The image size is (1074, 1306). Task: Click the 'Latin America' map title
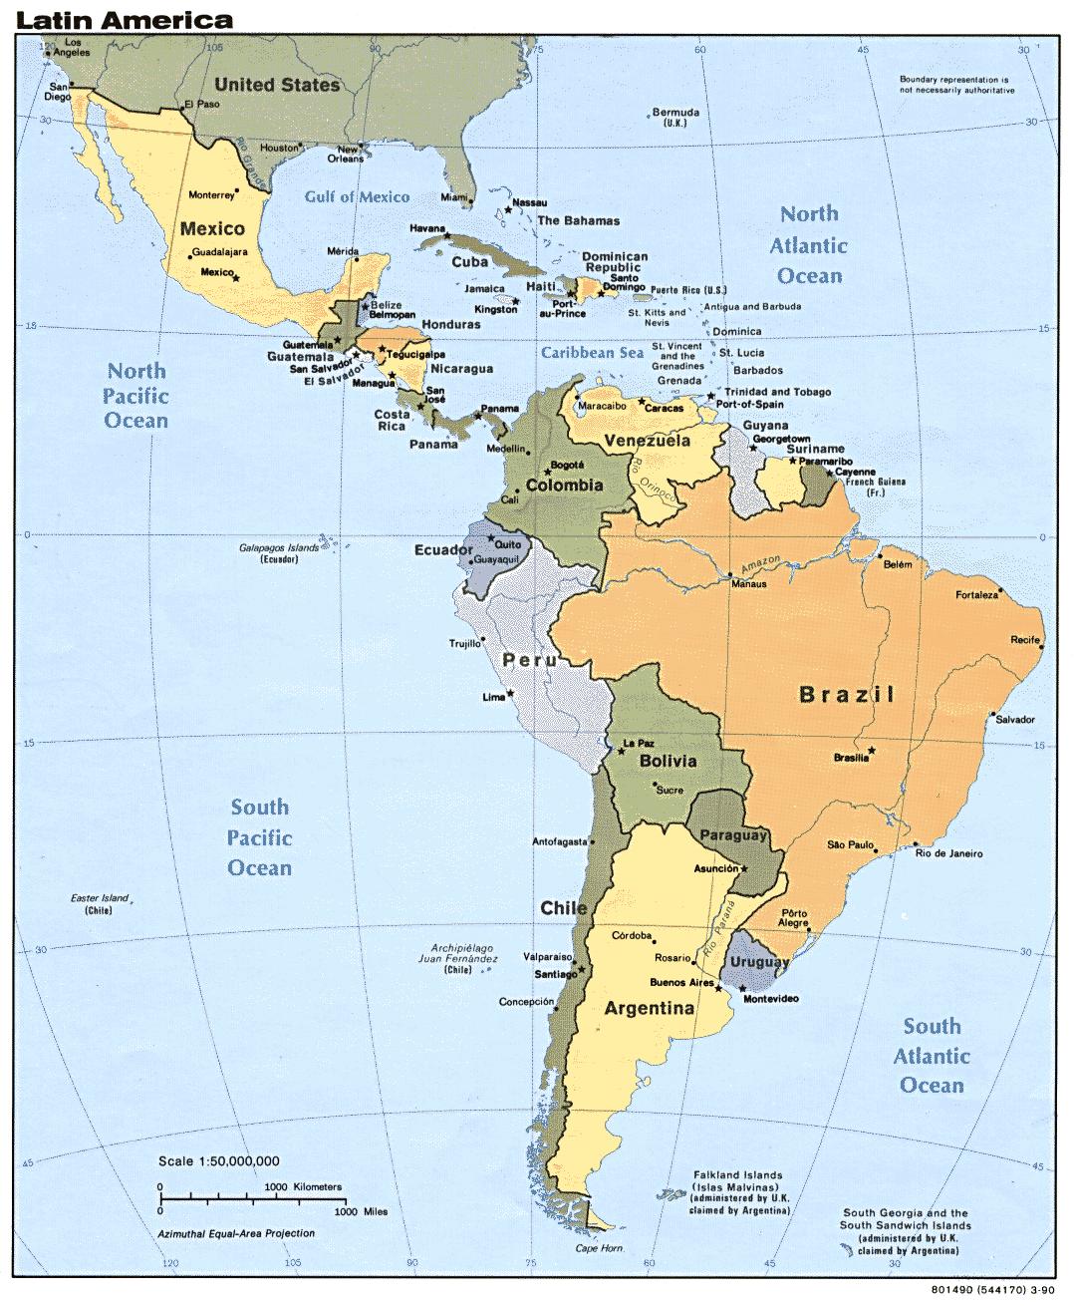click(125, 19)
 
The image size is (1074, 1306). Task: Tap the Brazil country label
click(847, 695)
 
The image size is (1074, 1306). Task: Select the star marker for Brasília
click(873, 750)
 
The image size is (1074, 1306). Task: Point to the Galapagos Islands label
click(280, 553)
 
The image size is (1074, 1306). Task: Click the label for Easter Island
click(99, 904)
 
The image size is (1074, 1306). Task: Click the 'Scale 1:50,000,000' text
click(218, 1160)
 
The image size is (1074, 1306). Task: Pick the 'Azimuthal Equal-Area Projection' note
click(235, 1233)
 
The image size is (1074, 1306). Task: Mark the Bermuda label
click(674, 118)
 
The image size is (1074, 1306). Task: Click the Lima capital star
click(511, 693)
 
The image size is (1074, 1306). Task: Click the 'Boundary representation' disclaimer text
click(954, 84)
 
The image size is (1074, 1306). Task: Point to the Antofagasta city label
click(561, 840)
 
